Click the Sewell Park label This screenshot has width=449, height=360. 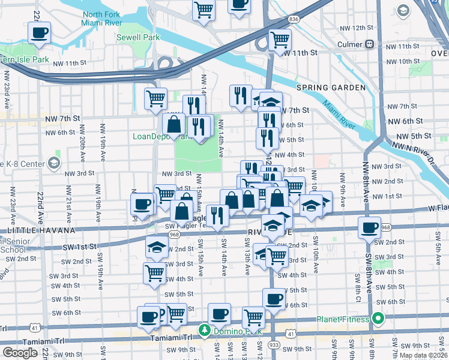[x=139, y=37]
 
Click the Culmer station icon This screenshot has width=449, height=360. [x=370, y=44]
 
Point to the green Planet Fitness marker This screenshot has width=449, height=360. [x=378, y=319]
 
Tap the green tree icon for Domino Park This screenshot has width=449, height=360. [x=205, y=330]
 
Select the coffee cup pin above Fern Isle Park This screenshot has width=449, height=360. [x=40, y=34]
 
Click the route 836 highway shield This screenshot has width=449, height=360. [x=294, y=37]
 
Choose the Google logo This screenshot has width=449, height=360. [x=20, y=352]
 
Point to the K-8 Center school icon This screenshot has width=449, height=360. [x=54, y=163]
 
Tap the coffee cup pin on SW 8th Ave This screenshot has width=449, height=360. [x=369, y=227]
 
